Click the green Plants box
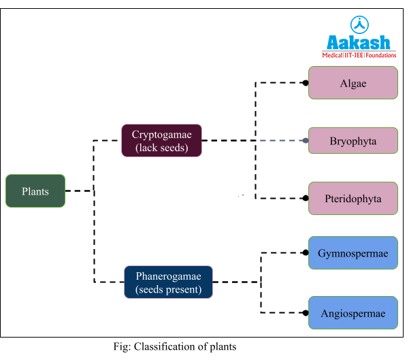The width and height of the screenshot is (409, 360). (x=35, y=191)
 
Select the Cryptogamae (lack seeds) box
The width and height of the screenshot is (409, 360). (x=161, y=140)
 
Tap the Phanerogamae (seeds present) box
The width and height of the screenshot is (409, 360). (x=168, y=282)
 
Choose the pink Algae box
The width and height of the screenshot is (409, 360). (x=353, y=83)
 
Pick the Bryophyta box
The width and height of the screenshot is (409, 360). (x=353, y=141)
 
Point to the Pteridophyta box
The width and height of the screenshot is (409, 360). (x=353, y=199)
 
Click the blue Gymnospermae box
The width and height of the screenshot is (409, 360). (x=353, y=253)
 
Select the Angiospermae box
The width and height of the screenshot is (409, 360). (x=353, y=313)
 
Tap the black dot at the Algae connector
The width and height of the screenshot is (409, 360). (x=306, y=83)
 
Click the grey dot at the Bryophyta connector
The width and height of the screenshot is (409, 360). (x=306, y=141)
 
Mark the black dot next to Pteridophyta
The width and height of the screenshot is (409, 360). (x=306, y=199)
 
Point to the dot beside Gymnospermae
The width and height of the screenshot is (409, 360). (x=306, y=253)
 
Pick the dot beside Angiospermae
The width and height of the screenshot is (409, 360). (x=306, y=313)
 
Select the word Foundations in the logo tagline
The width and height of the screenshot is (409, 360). (x=380, y=54)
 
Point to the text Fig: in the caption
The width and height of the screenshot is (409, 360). (x=122, y=347)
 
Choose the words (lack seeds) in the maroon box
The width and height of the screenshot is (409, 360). (x=161, y=147)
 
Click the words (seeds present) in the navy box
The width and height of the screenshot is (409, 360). (x=168, y=289)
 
